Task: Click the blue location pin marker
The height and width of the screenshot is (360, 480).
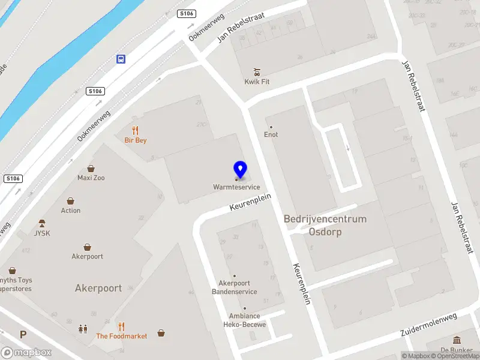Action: (x=240, y=169)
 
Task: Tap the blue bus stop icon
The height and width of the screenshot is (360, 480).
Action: (x=121, y=59)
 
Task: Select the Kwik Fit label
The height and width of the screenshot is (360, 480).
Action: (x=257, y=82)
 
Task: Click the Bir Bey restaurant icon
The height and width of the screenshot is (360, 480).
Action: (x=136, y=130)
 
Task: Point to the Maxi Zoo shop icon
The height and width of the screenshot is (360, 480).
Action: (x=91, y=169)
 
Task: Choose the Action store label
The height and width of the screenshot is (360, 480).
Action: (x=71, y=211)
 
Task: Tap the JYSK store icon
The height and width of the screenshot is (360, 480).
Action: (x=41, y=223)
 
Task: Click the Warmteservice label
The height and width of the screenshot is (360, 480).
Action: (x=236, y=187)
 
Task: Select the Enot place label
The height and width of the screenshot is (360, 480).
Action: (x=271, y=135)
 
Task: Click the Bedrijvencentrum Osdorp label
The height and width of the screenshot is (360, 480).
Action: (x=325, y=225)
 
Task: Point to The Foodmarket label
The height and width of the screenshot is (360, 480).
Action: (x=122, y=336)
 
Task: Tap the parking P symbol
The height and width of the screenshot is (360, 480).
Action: (x=23, y=335)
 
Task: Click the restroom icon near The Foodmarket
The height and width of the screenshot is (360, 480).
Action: (x=82, y=329)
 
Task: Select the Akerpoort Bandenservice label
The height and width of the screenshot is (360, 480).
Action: (x=238, y=287)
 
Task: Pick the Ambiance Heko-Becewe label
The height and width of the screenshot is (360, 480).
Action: (x=244, y=320)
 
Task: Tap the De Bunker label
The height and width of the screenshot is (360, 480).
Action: (x=457, y=350)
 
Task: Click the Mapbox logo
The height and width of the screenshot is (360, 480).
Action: (x=26, y=353)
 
